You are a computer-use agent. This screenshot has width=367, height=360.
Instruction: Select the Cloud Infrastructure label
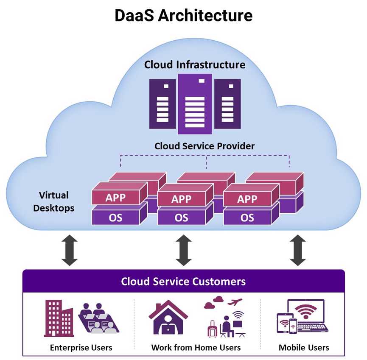tap(195, 65)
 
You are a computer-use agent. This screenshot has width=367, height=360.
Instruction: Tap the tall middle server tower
tap(195, 103)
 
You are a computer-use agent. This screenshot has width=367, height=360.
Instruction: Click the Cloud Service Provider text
tap(204, 146)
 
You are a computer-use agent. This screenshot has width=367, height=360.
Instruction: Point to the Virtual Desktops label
tap(54, 202)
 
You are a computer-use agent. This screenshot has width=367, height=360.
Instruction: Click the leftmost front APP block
tap(115, 198)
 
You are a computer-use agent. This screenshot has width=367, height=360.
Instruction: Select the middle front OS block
tap(181, 218)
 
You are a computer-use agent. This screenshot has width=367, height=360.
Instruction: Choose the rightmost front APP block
tap(247, 199)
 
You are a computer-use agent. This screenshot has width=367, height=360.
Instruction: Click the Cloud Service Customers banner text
tap(183, 282)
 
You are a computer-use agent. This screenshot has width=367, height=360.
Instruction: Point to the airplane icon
tap(235, 302)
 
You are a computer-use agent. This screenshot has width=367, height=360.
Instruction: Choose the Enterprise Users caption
tap(81, 348)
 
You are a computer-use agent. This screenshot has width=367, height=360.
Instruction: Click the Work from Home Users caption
tap(196, 348)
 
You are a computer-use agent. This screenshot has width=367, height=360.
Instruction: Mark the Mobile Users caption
tap(304, 348)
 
